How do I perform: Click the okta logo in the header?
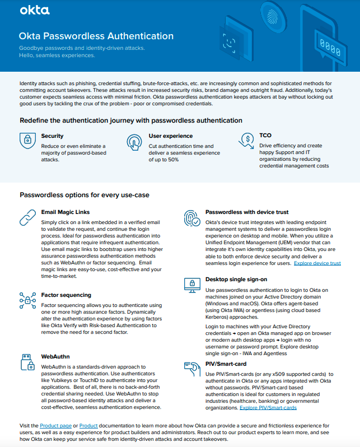35,10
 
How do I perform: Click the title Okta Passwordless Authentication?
96,36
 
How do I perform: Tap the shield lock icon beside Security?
27,141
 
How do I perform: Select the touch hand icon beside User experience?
135,141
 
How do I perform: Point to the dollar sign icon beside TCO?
247,139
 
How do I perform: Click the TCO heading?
265,136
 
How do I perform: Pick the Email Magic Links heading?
66,212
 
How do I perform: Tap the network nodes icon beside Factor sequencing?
28,299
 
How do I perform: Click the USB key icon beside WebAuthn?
28,362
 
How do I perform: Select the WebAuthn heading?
55,356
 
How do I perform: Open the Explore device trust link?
317,263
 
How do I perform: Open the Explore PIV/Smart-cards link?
268,408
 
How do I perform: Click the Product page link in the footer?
55,426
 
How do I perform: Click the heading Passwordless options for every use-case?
84,195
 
